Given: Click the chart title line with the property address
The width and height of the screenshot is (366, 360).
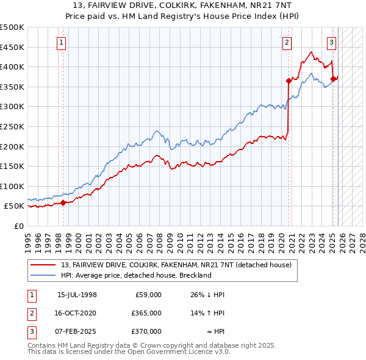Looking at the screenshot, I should point(183,5).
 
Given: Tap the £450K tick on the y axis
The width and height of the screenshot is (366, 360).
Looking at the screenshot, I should point(12,47).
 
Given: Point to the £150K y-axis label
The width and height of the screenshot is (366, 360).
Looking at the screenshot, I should point(12,166).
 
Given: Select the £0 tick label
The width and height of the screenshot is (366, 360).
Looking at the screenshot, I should point(19,226).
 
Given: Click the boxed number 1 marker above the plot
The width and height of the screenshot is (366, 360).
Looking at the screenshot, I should point(63,43).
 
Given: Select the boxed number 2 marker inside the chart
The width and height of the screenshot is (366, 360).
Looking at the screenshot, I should point(287,43).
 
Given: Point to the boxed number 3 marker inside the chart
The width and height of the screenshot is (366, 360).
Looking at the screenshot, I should point(331,43).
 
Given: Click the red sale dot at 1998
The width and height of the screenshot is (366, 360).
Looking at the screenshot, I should point(63,203).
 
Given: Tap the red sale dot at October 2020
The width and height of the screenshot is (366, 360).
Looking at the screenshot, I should point(289,81).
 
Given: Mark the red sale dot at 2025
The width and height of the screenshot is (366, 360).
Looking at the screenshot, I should point(333,79).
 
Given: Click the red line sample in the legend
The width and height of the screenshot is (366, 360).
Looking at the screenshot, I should point(43,265).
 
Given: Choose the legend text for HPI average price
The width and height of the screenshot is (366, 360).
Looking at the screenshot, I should point(135,275).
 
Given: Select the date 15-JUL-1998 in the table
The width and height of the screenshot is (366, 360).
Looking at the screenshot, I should point(77,295).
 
